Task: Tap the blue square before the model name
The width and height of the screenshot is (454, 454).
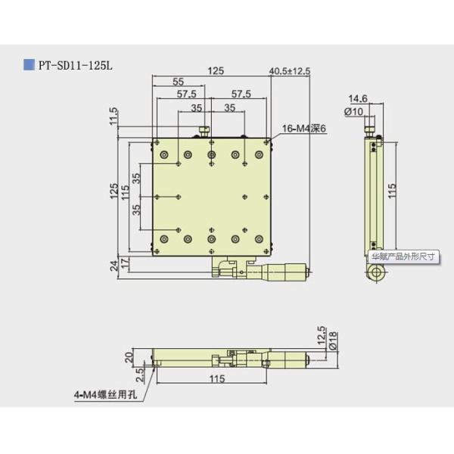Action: coord(28,65)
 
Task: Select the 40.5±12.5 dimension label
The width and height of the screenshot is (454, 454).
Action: coord(290,71)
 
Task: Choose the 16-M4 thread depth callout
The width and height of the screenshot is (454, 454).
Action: coord(303,130)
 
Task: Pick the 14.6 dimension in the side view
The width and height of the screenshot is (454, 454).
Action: coord(358,99)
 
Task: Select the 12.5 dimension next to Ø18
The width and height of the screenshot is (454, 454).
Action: coord(321,334)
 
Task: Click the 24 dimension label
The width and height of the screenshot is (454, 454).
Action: coord(113,264)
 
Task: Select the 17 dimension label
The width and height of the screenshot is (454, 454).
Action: coord(125,262)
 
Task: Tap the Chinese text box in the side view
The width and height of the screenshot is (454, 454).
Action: coord(403,257)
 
